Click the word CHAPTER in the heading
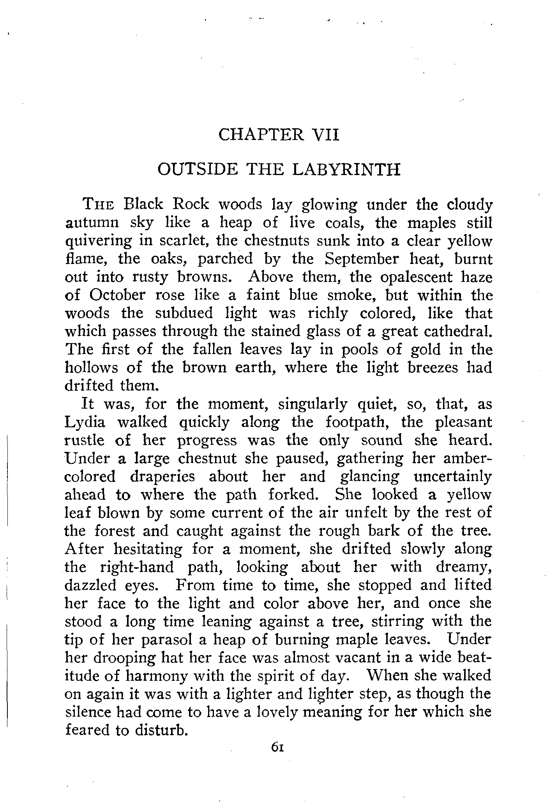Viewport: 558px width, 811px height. click(x=261, y=135)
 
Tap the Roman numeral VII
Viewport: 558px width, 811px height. click(x=325, y=135)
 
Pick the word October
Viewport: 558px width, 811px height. click(x=117, y=295)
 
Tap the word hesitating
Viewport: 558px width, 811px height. click(x=148, y=549)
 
